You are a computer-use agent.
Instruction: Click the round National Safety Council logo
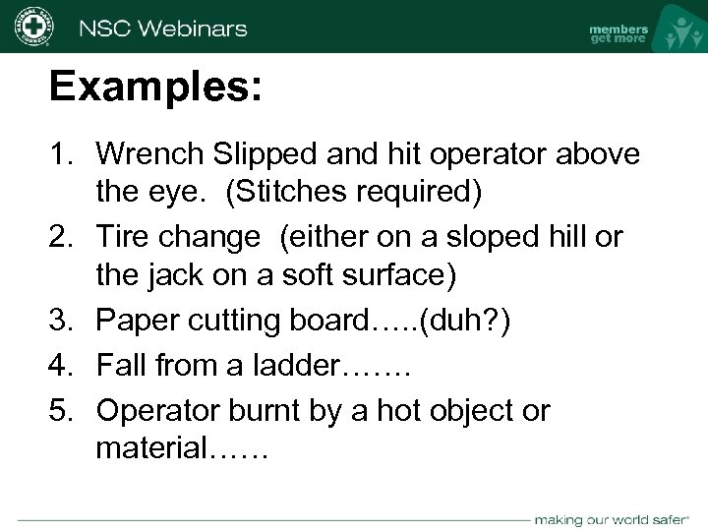click(x=32, y=26)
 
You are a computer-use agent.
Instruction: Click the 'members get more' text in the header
click(x=619, y=33)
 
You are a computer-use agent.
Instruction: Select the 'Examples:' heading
click(x=155, y=88)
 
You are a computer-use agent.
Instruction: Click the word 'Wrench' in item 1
click(x=152, y=155)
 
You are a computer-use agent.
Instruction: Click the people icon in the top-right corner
click(x=679, y=29)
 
